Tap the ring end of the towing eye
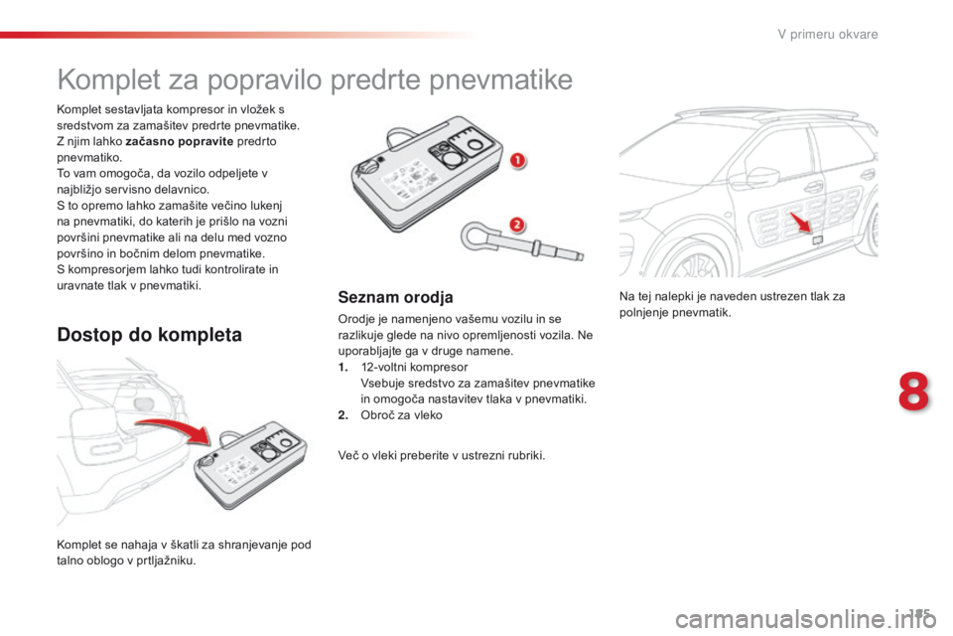476,237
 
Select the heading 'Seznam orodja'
384,296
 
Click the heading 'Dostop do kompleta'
149,335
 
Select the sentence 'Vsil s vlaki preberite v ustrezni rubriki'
442,455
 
